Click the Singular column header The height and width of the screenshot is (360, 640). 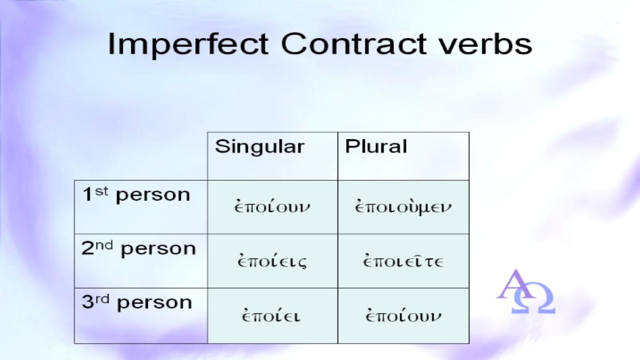[259, 147]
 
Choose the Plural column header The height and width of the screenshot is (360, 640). [375, 146]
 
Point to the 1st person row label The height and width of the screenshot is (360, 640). [136, 195]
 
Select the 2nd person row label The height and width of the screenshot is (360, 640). [139, 249]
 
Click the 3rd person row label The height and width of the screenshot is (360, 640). [137, 302]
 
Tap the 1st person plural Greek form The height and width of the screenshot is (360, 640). [403, 207]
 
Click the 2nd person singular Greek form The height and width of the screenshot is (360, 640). [272, 261]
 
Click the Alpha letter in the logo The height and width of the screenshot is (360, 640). [515, 284]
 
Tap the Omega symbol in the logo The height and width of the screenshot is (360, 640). [533, 298]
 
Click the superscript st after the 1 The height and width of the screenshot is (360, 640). [102, 191]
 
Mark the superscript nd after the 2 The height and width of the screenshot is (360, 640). [104, 245]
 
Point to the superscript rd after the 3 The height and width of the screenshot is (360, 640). [102, 299]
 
